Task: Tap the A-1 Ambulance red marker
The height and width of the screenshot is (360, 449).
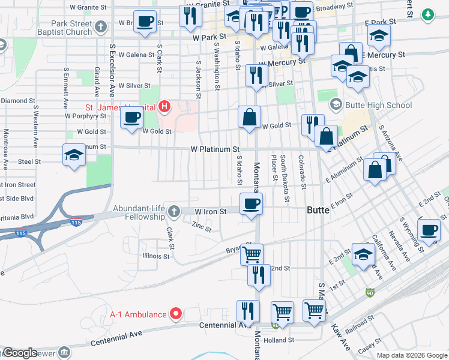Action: [176, 313]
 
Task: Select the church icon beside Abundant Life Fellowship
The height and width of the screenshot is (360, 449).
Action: [174, 211]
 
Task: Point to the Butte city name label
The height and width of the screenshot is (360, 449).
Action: [318, 211]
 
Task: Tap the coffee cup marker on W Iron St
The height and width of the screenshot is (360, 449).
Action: [251, 204]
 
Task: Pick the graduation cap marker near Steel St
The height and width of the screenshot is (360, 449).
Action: [74, 155]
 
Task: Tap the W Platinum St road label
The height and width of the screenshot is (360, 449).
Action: [215, 149]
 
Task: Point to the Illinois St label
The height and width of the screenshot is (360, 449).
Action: [156, 256]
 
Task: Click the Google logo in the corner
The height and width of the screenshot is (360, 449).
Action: [19, 352]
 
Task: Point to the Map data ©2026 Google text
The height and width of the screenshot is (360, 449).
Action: [412, 355]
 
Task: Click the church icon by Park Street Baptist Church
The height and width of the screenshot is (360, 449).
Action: [101, 26]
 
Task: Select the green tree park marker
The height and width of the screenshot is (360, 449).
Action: [427, 13]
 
